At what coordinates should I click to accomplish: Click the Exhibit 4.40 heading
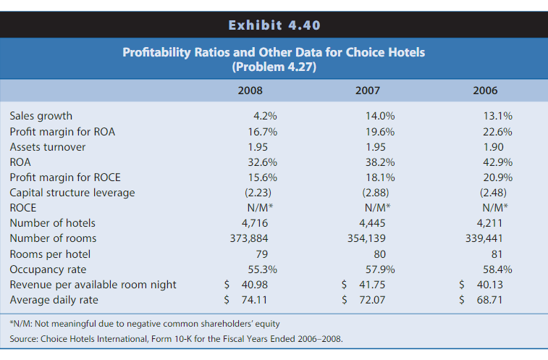click(274, 26)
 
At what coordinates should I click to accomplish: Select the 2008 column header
click(250, 91)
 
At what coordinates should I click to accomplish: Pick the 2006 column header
click(485, 91)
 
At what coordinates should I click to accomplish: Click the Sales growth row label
click(41, 116)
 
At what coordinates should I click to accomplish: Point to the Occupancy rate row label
click(46, 269)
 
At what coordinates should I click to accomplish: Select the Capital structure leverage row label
click(72, 192)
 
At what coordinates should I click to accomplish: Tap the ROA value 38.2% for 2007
click(379, 162)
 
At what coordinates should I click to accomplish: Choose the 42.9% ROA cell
click(497, 162)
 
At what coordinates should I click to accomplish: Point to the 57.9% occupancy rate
click(379, 269)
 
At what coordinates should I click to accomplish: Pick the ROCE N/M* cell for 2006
click(494, 207)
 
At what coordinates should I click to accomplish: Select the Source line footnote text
click(176, 338)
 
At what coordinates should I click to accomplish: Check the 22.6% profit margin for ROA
click(497, 131)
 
